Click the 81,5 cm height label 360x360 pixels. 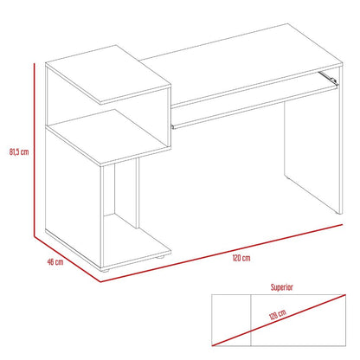tap(19, 151)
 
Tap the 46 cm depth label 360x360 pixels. tap(55, 262)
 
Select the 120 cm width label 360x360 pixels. tap(241, 258)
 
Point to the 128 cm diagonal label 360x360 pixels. tap(278, 315)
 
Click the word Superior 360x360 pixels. tap(281, 287)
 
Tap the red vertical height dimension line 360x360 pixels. tap(34, 150)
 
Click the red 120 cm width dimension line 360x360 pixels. tap(222, 253)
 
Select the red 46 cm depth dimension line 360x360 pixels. tap(67, 259)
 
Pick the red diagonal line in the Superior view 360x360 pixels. tap(279, 320)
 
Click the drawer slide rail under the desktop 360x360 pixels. tap(328, 78)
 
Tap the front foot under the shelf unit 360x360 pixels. tap(106, 271)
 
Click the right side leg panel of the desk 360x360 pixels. tap(312, 141)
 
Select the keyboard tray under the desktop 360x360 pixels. tap(254, 106)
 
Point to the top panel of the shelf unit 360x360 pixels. tap(108, 74)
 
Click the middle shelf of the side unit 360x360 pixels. tap(108, 137)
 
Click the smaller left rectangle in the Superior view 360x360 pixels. tap(231, 320)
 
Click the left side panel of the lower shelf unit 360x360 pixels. tap(74, 198)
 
